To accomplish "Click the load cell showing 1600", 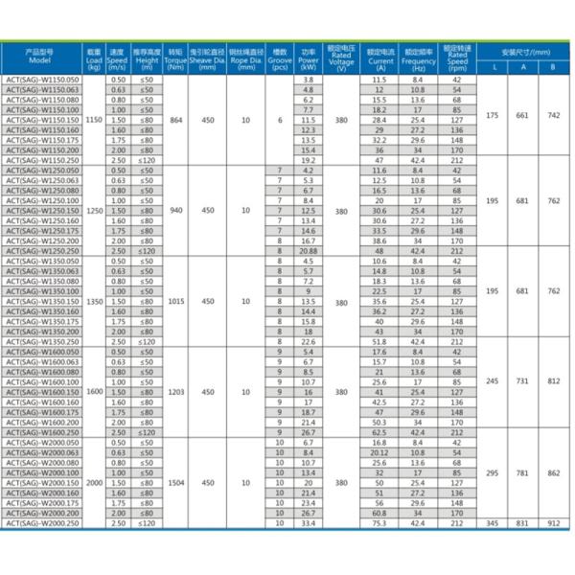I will pos(93,392).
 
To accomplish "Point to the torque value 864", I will pos(174,121).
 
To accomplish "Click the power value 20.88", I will pos(309,249).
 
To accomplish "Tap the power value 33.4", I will pos(309,523).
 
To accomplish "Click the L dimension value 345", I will pos(493,523).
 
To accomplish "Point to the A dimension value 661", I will pos(522,115).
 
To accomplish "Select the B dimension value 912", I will pos(553,523).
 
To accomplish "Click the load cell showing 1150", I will pos(93,121).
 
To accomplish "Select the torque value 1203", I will pos(174,392).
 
